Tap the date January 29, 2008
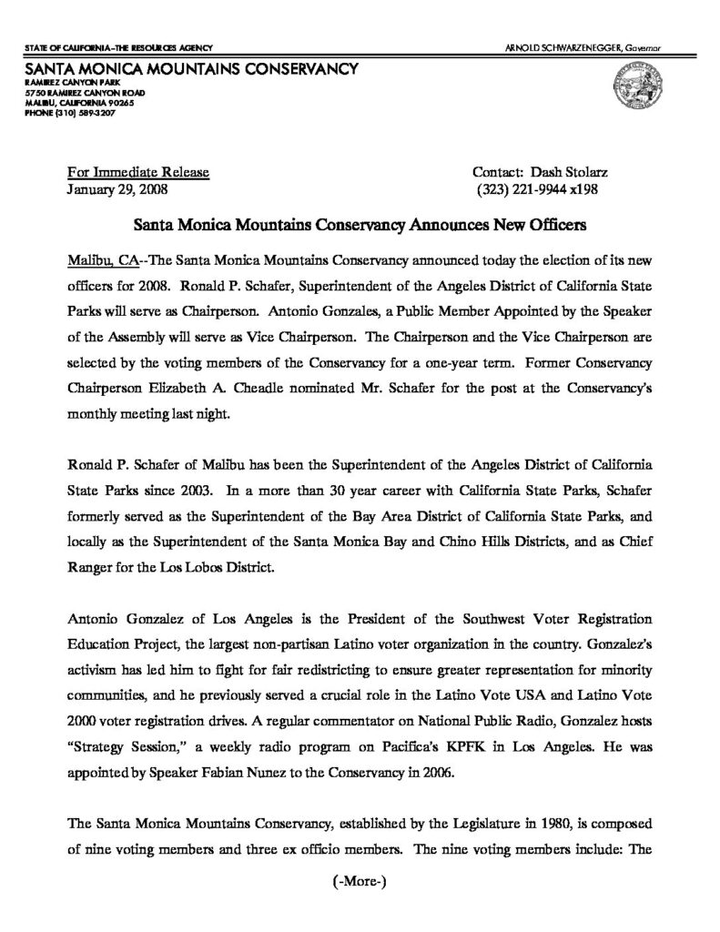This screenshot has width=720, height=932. click(x=117, y=190)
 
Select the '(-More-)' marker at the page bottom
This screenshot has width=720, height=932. click(x=360, y=882)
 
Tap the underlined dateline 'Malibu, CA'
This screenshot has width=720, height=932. click(x=101, y=259)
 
